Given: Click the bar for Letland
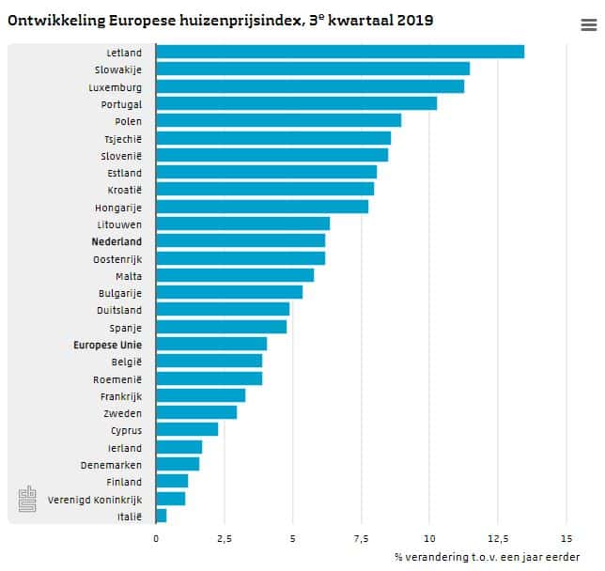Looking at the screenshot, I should (x=339, y=52).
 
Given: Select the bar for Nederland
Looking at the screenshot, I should (x=240, y=241).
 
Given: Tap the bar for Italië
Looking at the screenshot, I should (x=161, y=516).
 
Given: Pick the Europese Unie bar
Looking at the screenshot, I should (x=210, y=344).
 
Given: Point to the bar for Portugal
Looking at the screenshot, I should (x=296, y=103).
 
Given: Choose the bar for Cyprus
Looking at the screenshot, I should (x=186, y=429).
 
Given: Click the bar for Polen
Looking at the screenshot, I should (x=278, y=120).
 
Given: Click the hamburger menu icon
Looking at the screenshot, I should (x=588, y=25).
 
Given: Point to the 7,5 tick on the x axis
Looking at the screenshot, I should (x=360, y=539).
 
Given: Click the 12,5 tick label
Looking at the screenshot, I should (x=497, y=539).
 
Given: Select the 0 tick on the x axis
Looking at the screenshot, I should (x=156, y=539).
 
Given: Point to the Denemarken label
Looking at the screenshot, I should (x=112, y=464).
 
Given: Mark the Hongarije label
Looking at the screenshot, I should (x=118, y=207).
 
